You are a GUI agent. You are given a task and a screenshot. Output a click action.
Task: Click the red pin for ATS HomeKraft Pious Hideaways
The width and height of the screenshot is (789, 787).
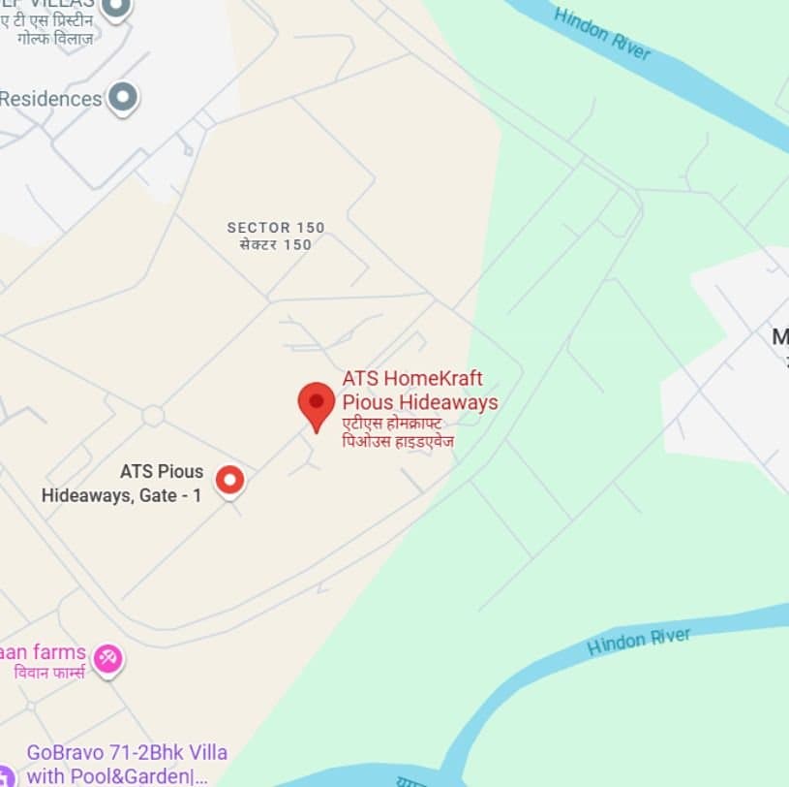coord(316,402)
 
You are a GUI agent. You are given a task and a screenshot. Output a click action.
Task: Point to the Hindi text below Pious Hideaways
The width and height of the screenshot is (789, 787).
coord(398,432)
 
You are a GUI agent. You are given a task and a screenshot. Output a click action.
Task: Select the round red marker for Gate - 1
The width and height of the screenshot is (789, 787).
coord(229,479)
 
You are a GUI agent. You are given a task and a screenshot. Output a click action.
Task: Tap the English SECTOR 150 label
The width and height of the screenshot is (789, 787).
coord(276,228)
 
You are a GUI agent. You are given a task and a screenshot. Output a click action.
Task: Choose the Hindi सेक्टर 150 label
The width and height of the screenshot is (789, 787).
coord(276,244)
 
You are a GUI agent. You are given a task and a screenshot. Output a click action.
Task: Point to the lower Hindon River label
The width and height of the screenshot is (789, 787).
coord(639,641)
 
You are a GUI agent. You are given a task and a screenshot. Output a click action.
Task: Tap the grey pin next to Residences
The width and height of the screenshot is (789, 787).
coord(123,97)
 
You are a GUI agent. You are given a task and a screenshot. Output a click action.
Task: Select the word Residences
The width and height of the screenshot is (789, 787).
coord(50,99)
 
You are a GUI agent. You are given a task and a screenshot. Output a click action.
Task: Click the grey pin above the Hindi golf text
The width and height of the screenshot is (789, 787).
coord(117,9)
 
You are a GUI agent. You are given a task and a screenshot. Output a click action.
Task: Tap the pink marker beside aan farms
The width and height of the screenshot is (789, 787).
coord(108,659)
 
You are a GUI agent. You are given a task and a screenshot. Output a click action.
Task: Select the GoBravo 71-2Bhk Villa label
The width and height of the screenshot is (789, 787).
coord(127,752)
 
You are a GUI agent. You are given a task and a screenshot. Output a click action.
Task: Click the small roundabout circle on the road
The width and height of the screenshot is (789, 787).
coord(152,416)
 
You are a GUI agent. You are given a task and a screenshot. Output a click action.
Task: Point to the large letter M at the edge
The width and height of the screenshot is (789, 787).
coord(780,337)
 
